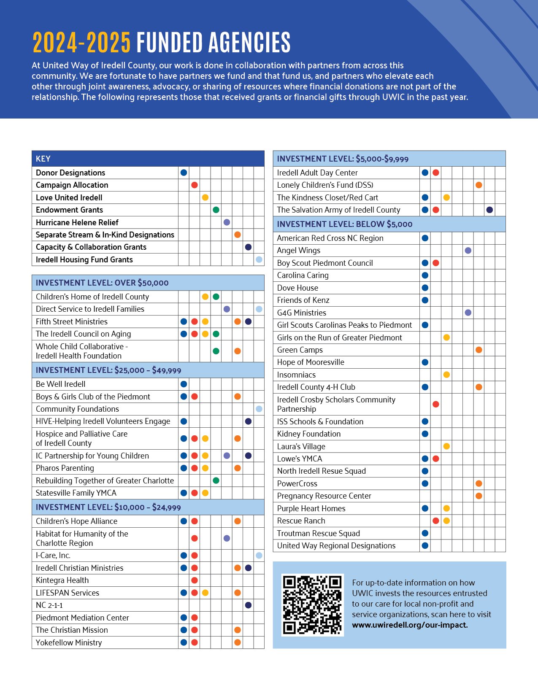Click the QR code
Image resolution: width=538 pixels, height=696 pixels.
coord(312,605)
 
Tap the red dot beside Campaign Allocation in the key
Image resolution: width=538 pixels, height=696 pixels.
coord(195,185)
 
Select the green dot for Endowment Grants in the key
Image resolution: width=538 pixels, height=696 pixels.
coord(216,210)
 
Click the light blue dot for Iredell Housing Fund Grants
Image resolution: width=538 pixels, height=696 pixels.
coord(259,259)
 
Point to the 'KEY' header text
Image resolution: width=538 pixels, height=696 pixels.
coord(43,159)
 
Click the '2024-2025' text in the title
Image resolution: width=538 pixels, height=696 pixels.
coord(81,43)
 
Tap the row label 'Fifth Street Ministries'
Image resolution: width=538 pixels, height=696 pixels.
coord(72,321)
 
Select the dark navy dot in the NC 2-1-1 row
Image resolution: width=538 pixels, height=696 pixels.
coord(248,605)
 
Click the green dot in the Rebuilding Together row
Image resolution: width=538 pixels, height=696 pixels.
coord(216,480)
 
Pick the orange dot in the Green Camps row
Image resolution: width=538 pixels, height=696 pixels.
coord(479,350)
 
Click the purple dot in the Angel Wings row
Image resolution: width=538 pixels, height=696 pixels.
coord(468,251)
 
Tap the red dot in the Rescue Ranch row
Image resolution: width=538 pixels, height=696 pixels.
coord(436,521)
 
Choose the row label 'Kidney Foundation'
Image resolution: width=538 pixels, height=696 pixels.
coord(309,434)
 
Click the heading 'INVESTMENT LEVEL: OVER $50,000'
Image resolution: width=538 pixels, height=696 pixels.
coord(102,283)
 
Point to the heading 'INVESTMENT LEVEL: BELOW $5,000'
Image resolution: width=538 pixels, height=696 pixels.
coord(345,224)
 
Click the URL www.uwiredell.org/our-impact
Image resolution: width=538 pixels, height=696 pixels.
coord(410,625)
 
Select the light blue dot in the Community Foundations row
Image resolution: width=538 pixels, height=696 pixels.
coord(259,409)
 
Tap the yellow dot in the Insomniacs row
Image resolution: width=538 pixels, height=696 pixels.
coord(446,375)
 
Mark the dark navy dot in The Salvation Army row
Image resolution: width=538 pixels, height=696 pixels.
coord(489,210)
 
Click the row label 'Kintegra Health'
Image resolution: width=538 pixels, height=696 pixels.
coord(62,580)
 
